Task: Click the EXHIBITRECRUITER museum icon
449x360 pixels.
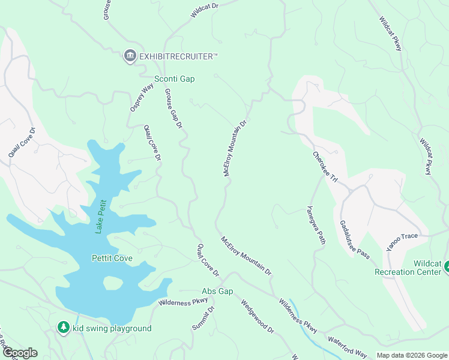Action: point(130,56)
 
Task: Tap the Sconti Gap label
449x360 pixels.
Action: point(175,79)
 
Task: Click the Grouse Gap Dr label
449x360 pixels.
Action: point(173,109)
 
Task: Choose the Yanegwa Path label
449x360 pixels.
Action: point(316,226)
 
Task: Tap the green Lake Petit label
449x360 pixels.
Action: point(101,216)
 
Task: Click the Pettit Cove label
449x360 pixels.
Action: point(112,259)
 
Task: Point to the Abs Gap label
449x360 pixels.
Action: point(217,291)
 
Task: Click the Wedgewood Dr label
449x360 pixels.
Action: point(257,316)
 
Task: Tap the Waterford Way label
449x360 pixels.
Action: point(347,346)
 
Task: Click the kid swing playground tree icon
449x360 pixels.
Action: point(63,328)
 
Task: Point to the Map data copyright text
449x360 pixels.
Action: point(411,355)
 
